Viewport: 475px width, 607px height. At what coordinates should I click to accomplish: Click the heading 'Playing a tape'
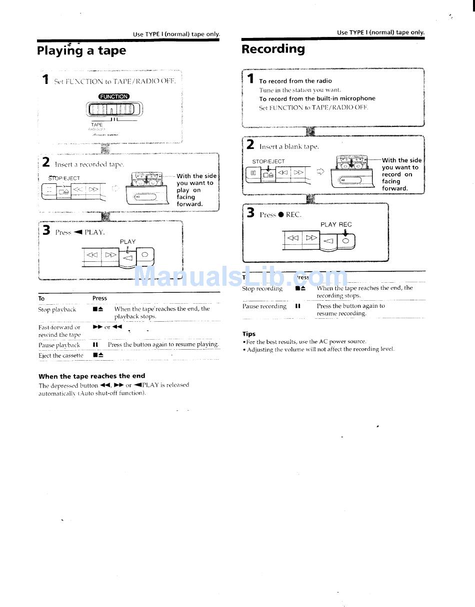click(81, 51)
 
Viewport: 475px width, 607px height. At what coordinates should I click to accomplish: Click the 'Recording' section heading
click(273, 49)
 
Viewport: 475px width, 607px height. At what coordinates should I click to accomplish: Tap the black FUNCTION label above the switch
click(113, 96)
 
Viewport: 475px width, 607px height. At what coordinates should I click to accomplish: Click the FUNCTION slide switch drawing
click(114, 109)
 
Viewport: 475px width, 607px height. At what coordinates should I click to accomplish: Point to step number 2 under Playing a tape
click(46, 162)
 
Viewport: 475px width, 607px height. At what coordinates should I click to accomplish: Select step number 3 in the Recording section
click(250, 213)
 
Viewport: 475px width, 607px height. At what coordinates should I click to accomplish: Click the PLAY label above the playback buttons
click(127, 242)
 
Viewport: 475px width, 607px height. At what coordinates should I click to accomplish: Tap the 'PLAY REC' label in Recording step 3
click(336, 224)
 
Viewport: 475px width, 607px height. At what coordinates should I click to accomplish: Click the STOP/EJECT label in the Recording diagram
click(268, 161)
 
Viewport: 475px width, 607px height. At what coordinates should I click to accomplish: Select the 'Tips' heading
click(249, 334)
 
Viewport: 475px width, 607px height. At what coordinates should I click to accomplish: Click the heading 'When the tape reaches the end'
click(92, 376)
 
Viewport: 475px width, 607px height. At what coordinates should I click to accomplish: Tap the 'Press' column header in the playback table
click(99, 298)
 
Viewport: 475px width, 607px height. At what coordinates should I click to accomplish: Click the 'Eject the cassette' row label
click(61, 356)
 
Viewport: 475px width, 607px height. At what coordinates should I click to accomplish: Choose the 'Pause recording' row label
click(264, 306)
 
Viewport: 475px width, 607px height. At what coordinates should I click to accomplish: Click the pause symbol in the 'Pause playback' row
click(95, 345)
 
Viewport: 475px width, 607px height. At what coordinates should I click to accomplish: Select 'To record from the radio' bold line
click(295, 81)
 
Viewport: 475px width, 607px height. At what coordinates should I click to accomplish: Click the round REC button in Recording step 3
click(345, 241)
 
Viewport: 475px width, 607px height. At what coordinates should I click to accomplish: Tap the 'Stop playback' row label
click(57, 310)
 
